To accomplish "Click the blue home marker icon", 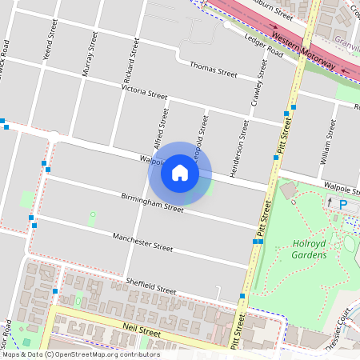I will [x=180, y=172].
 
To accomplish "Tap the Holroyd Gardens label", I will [x=309, y=250].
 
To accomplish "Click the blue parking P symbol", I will [x=344, y=206].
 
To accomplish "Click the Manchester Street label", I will [x=142, y=242].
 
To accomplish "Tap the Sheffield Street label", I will [x=150, y=285].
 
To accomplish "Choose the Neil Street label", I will [x=142, y=329].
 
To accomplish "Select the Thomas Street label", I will [x=214, y=72].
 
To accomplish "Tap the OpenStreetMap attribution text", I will [x=80, y=354].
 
